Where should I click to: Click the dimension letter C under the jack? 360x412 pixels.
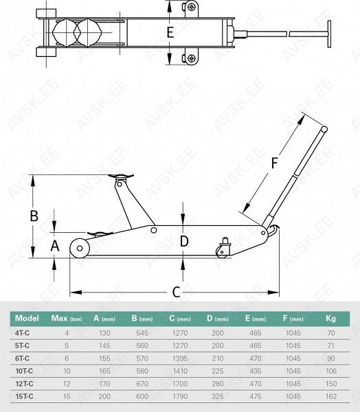(x=176, y=292)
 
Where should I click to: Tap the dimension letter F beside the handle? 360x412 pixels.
(x=274, y=163)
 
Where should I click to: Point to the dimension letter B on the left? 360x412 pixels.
(x=34, y=216)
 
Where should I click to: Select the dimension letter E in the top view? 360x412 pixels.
(x=170, y=32)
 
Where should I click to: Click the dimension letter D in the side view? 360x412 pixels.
(x=184, y=242)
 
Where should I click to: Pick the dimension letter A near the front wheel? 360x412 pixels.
(x=55, y=246)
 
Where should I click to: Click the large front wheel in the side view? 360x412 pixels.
(x=80, y=248)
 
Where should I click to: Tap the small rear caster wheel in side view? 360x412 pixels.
(x=222, y=253)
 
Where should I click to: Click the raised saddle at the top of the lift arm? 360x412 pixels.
(x=121, y=176)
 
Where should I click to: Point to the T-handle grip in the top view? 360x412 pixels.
(x=329, y=34)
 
